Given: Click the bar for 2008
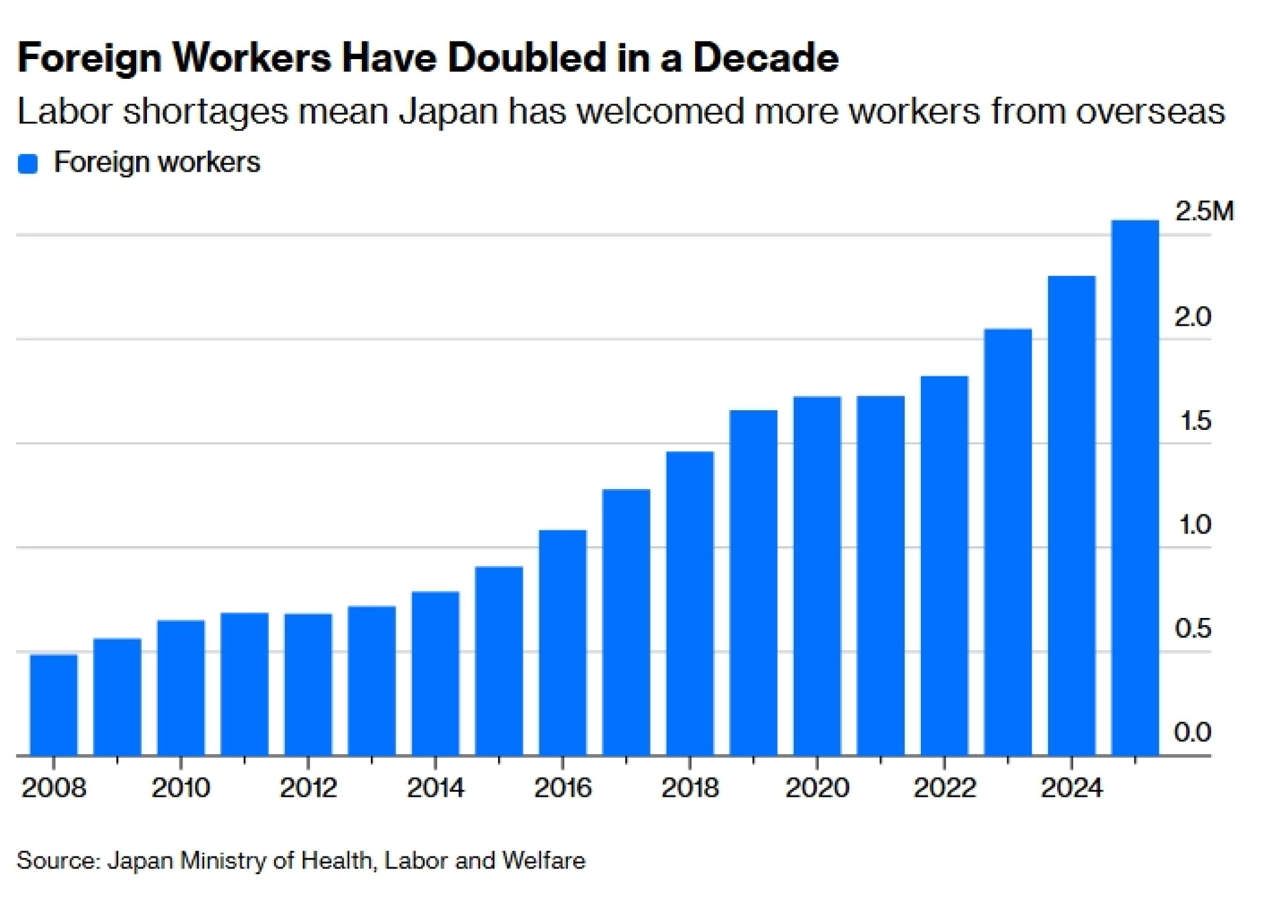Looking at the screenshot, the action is pos(54,705).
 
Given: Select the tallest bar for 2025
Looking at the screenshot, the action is pos(1135,488).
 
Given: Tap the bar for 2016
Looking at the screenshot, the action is pos(563,642).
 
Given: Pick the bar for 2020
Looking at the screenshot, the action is pos(817,576).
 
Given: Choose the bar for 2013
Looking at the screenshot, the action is pos(372,680).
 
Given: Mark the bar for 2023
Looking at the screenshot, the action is pos(1008,542).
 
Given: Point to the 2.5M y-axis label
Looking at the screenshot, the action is pos(1204,211).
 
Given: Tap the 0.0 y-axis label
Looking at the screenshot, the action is pos(1193,732).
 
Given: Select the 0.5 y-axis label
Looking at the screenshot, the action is pos(1193,629).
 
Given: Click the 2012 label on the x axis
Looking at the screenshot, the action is pos(308,788).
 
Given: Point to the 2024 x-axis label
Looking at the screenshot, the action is pos(1072,788).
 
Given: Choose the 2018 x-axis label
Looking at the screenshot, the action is pos(690,788).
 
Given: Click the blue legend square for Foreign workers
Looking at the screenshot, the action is pos(28,163).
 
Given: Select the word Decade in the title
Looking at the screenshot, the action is pos(766,58).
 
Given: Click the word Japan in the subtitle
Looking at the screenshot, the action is pos(448,113).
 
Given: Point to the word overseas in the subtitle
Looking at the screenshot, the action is pos(1150,112).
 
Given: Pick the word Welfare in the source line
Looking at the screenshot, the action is pos(544,861).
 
